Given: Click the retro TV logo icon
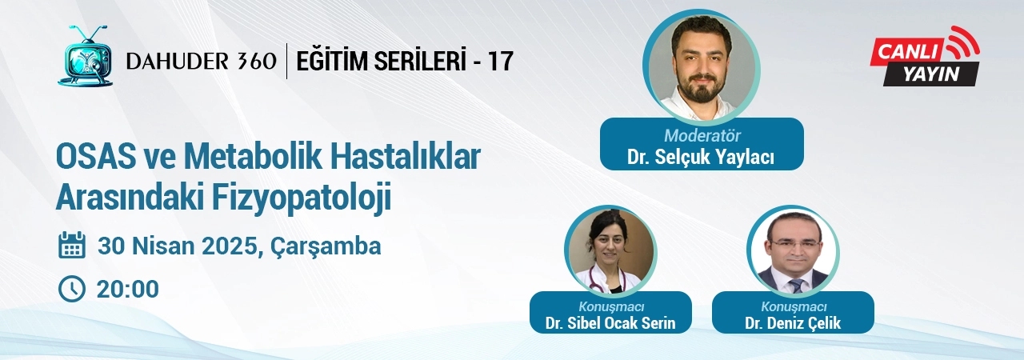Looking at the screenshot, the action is (86, 56).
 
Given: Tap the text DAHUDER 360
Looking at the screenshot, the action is (201, 62).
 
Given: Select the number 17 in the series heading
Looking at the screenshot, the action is (500, 62).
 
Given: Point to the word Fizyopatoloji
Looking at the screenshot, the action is (302, 197).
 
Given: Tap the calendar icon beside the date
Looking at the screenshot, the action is (72, 246).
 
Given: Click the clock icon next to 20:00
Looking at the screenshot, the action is (72, 289).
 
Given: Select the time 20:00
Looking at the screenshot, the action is (127, 289).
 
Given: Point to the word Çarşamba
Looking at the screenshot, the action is (326, 247).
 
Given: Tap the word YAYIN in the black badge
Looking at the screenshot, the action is (930, 74).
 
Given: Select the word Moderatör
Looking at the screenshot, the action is (702, 136).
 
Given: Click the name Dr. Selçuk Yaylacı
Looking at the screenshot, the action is (701, 157).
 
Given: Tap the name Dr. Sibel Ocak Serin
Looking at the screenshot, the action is (610, 323).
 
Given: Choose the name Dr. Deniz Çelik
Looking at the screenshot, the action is (793, 323).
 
